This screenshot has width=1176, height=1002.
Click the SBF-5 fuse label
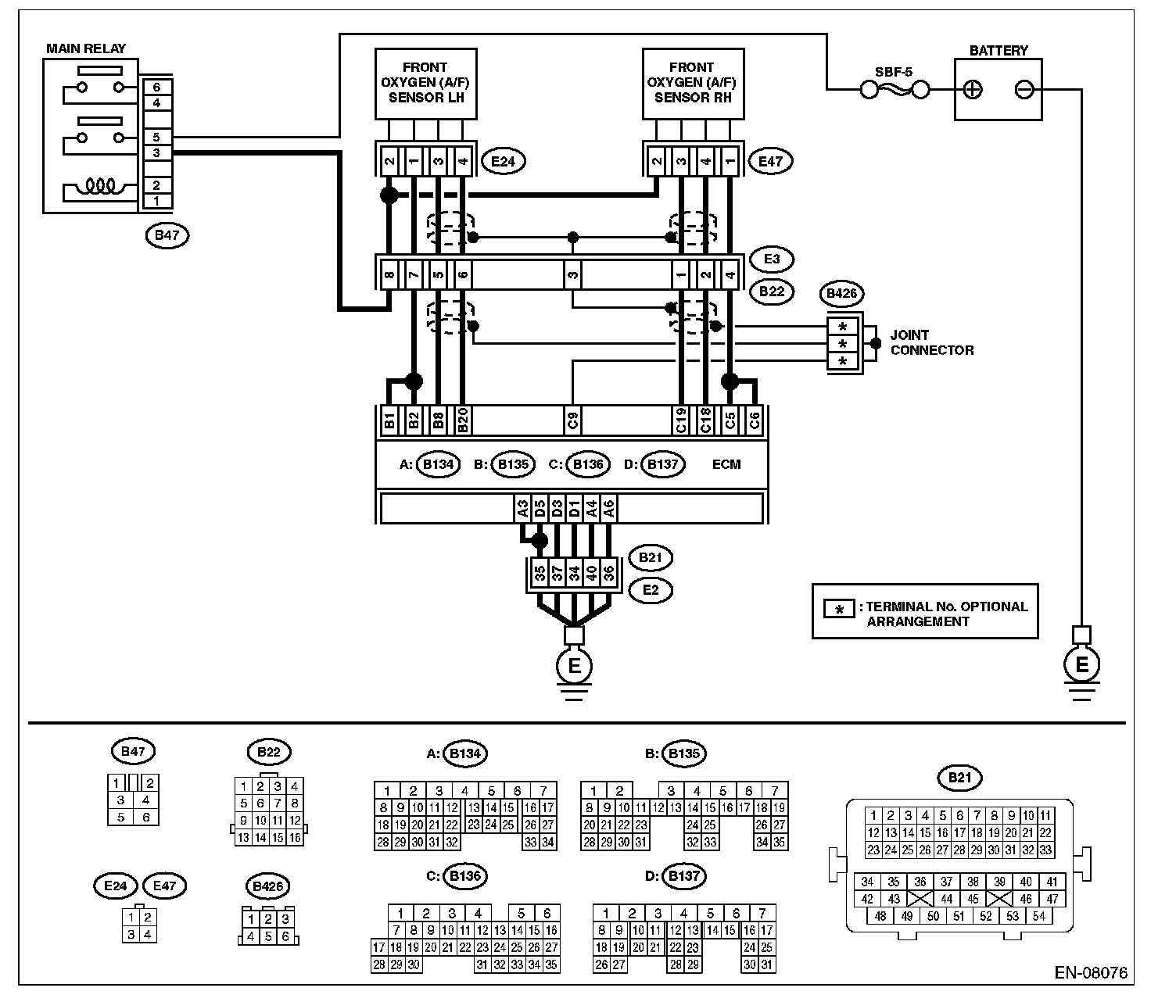coord(893,73)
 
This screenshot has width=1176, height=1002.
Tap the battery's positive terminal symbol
coord(973,90)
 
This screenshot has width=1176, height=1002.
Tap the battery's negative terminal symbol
coord(1024,90)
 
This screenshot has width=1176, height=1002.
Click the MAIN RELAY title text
coord(86,48)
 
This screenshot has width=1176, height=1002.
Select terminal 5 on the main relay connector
coord(156,138)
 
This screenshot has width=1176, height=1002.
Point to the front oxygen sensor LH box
coord(425,83)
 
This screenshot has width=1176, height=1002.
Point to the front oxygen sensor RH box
coord(692,83)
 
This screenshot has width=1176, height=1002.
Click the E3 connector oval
coord(772,259)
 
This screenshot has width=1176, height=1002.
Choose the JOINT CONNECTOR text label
coord(931,342)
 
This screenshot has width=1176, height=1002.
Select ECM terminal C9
coord(573,421)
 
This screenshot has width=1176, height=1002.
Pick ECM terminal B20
coord(463,421)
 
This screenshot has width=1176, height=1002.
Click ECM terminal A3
coord(522,510)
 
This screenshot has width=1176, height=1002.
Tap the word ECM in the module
coord(726,464)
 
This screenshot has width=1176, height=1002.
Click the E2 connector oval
coord(651,590)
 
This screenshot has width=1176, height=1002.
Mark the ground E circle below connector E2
coord(574,667)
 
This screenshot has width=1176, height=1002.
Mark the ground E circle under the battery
coord(1082,665)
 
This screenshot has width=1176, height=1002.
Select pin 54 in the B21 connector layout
coord(1039,916)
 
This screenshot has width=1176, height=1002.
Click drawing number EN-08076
coord(1092,973)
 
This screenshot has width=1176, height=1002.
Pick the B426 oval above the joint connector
coord(841,294)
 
